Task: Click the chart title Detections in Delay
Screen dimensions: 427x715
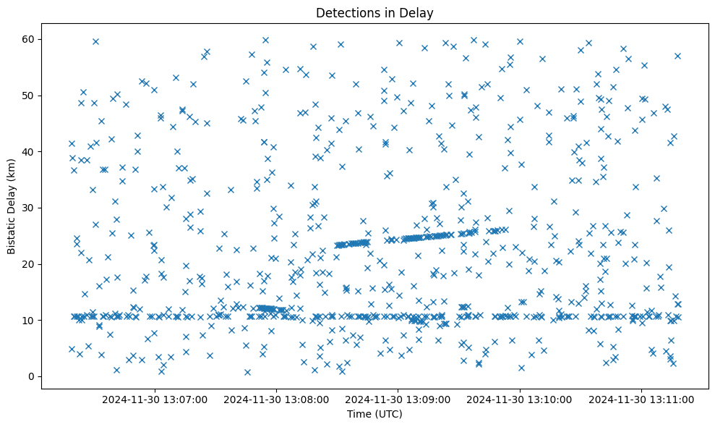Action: [374, 13]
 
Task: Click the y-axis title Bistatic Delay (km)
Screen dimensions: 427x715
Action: [12, 200]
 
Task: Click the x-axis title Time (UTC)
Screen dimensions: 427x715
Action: [374, 414]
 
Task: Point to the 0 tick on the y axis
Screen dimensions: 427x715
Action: [33, 376]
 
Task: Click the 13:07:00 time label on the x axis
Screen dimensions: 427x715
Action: [155, 399]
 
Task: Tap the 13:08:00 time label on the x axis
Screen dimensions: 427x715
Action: [277, 399]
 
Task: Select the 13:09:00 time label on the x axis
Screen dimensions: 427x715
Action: [398, 399]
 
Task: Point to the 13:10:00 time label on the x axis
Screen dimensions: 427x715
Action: [521, 399]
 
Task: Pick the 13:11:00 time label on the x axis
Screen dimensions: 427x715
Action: [642, 399]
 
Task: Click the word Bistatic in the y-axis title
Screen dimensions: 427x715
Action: [12, 230]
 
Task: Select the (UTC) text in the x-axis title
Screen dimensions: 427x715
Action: [388, 414]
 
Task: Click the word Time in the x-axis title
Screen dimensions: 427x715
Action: [359, 414]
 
